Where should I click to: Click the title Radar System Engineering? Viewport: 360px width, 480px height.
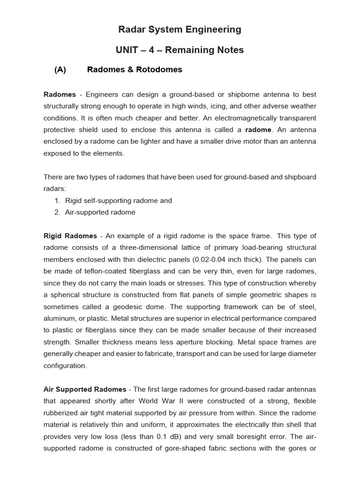click(x=180, y=30)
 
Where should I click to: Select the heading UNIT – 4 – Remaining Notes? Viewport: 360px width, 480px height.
click(x=180, y=50)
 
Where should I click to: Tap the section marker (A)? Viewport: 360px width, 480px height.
click(x=60, y=70)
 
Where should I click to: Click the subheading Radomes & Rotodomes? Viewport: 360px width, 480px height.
click(x=135, y=70)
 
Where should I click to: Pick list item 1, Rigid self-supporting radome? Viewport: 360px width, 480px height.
click(x=118, y=201)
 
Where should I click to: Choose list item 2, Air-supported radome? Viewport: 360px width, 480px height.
click(x=100, y=212)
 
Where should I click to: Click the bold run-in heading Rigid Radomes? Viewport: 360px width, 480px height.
click(x=70, y=236)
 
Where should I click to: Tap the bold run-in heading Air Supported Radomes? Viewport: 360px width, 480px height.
click(x=85, y=390)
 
